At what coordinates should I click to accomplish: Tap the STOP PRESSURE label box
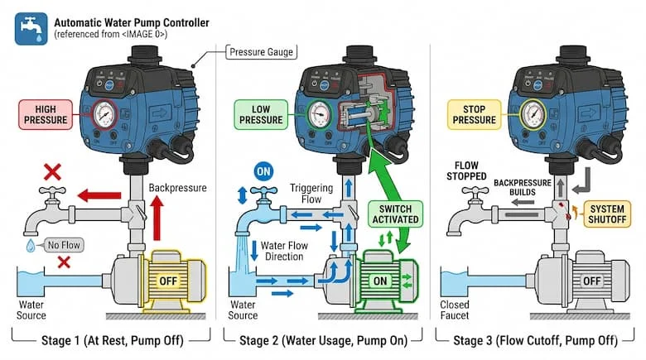(474, 113)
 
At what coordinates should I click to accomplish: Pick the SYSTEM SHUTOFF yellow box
(607, 213)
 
